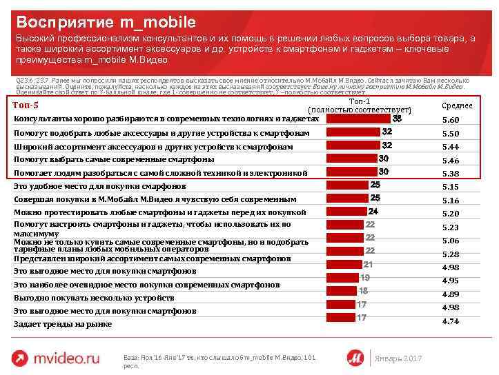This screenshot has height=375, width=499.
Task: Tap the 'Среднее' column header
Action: [x=456, y=105]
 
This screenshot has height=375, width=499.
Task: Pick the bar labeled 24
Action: [x=345, y=212]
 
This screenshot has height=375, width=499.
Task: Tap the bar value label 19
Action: [x=365, y=277]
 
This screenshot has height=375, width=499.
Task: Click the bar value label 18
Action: [x=363, y=291]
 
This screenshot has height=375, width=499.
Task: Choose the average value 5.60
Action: [x=450, y=120]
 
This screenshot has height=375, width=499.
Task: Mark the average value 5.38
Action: [x=450, y=174]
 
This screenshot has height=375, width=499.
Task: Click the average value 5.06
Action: [x=450, y=241]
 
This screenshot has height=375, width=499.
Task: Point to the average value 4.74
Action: [x=450, y=321]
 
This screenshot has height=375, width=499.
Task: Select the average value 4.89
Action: [x=450, y=294]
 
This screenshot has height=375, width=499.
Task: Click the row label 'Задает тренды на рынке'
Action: [x=63, y=324]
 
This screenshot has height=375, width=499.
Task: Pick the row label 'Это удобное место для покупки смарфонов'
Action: [x=100, y=186]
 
